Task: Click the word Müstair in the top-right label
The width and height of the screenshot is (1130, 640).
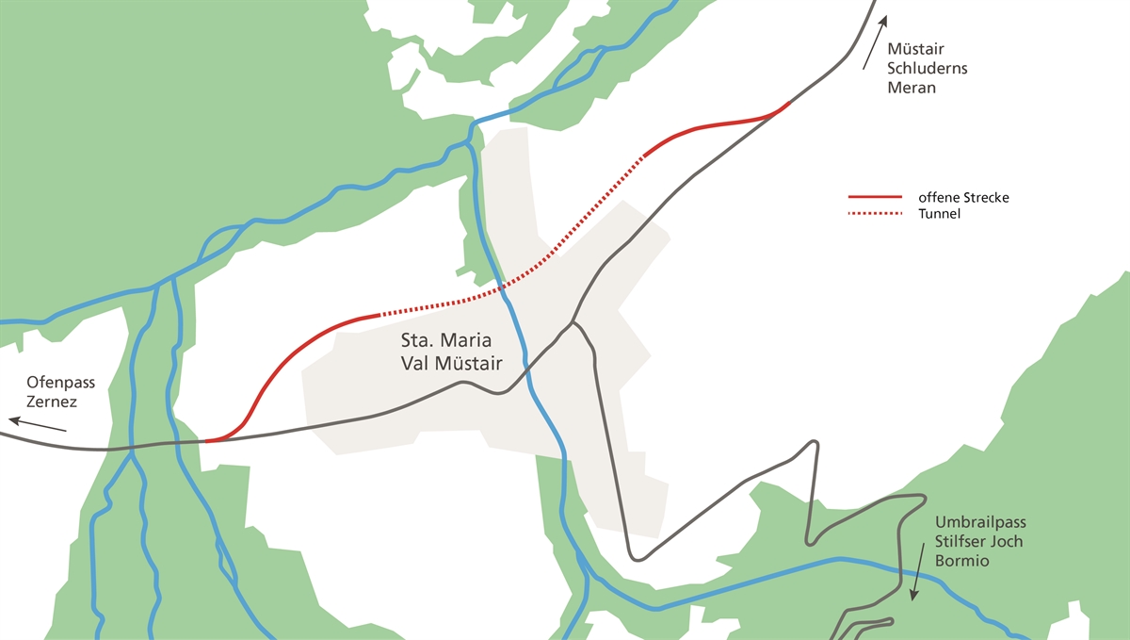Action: pos(915,49)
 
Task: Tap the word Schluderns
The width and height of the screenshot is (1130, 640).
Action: pos(928,69)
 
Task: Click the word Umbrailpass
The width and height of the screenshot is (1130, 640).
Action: pos(978,523)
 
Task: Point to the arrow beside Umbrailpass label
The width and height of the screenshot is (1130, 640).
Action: pos(916,570)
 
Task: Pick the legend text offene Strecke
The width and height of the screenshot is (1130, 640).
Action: pos(963,198)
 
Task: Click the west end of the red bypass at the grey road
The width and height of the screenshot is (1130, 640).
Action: pos(207,440)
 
